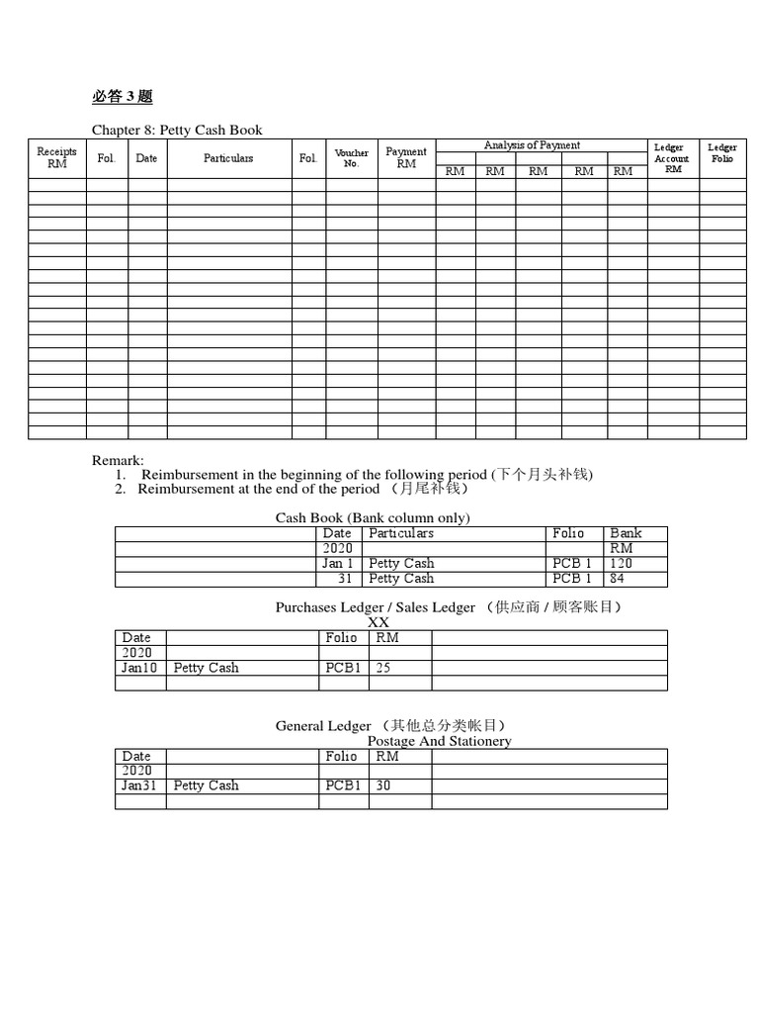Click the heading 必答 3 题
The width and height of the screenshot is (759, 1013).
(x=123, y=97)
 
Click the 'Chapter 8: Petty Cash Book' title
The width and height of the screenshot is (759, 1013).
(x=177, y=131)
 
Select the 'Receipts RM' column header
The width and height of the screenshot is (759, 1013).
(x=56, y=158)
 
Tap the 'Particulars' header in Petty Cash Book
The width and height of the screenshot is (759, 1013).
(x=228, y=158)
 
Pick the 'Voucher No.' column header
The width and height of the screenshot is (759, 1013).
(x=352, y=158)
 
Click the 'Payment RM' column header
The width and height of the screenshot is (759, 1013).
(x=406, y=158)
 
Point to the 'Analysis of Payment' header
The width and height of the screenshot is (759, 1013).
(x=532, y=145)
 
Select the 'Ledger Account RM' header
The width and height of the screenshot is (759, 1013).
(x=672, y=158)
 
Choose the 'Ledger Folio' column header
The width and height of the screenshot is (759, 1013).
(x=722, y=153)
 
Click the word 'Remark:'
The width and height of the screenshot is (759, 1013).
(x=118, y=460)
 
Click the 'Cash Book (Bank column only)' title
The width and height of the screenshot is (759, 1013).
(x=373, y=517)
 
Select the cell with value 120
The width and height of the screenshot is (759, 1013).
(x=621, y=563)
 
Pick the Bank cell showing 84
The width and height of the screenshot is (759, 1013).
(x=617, y=578)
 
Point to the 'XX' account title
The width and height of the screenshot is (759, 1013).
(x=379, y=622)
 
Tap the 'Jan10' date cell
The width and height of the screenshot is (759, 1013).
(x=138, y=668)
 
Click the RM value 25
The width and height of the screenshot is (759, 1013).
(x=383, y=668)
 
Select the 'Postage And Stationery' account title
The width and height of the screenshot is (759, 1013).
(x=439, y=741)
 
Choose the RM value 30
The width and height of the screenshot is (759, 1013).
(x=384, y=785)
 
